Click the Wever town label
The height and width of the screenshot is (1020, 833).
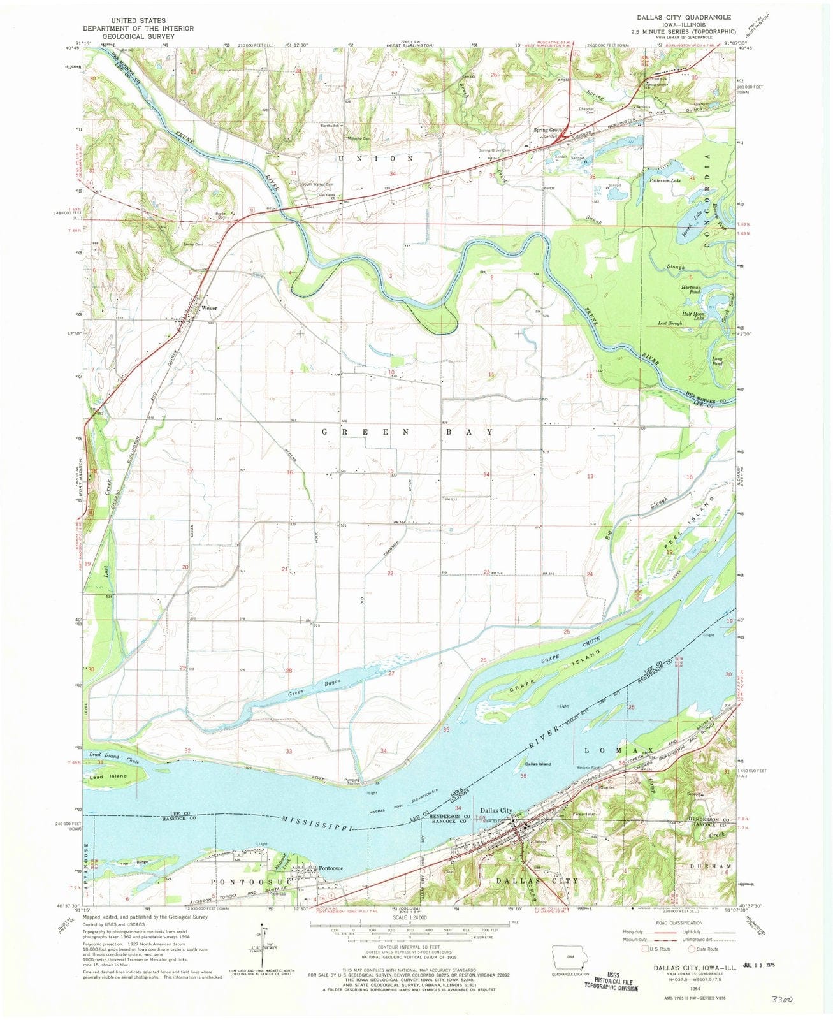coord(210,308)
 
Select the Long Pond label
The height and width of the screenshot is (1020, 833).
coord(717,361)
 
